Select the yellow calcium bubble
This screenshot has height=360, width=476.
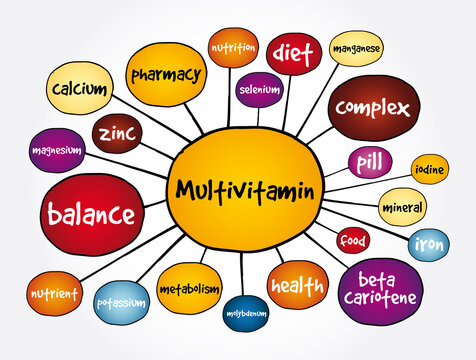pyautogui.click(x=79, y=90)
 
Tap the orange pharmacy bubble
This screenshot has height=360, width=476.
pyautogui.click(x=166, y=73)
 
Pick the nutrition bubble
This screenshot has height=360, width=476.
pyautogui.click(x=232, y=47)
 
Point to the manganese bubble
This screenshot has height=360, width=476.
pyautogui.click(x=356, y=47)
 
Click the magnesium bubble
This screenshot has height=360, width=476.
pyautogui.click(x=57, y=150)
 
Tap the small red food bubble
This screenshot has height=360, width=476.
pyautogui.click(x=353, y=241)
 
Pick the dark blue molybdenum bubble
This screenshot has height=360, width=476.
pyautogui.click(x=245, y=312)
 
